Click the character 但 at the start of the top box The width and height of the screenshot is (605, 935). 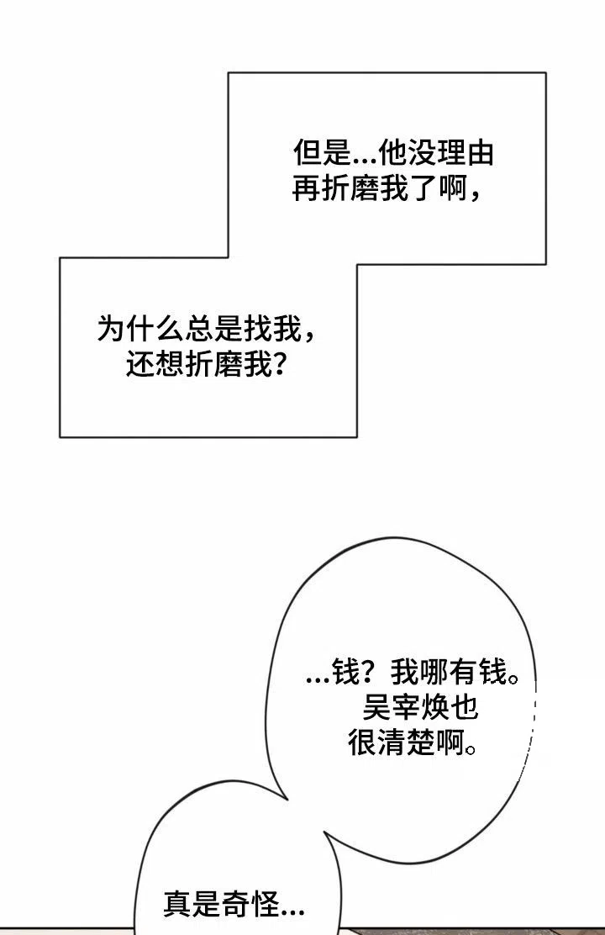pyautogui.click(x=307, y=153)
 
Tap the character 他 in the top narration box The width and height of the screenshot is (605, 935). pyautogui.click(x=393, y=153)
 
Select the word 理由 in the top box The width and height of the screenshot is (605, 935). pyautogui.click(x=466, y=153)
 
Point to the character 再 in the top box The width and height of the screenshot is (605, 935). pyautogui.click(x=307, y=189)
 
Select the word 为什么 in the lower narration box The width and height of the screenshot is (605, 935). pyautogui.click(x=140, y=328)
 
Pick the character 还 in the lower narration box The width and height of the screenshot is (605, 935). pyautogui.click(x=140, y=364)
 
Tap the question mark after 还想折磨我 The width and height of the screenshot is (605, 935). pyautogui.click(x=279, y=364)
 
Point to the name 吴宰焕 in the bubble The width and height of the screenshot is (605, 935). pyautogui.click(x=406, y=708)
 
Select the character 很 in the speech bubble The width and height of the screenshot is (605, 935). pyautogui.click(x=362, y=743)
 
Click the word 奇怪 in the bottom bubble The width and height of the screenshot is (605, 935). pyautogui.click(x=250, y=904)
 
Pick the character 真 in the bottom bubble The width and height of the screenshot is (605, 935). pyautogui.click(x=177, y=904)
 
